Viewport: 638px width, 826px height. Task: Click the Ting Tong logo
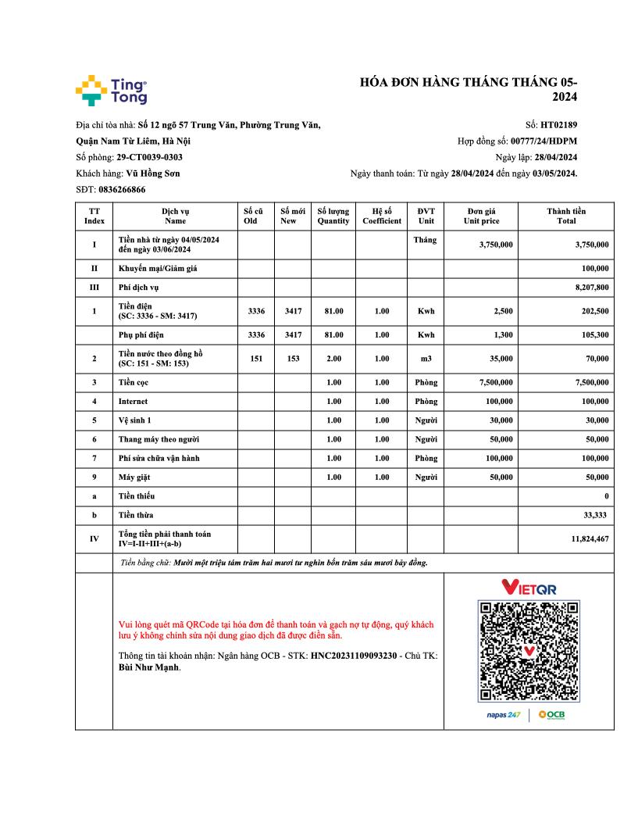coord(111,90)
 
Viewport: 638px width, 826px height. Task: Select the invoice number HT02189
coord(558,125)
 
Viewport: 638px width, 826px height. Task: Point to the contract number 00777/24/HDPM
coord(544,141)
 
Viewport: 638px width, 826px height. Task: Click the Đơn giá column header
coord(481,216)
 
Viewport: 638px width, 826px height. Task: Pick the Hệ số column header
coord(381,216)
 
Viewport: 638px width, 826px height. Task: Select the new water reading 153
coord(293,359)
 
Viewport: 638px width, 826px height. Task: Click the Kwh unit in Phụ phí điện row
coord(426,334)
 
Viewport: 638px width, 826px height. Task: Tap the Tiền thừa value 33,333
coord(596,515)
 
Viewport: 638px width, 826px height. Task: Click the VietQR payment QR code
coord(529,651)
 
